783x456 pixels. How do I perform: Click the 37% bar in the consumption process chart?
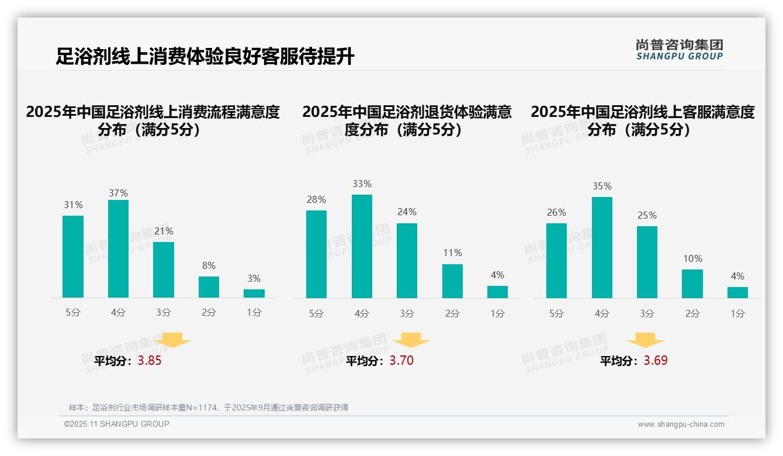[x=118, y=248]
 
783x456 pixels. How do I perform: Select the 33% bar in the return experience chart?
[x=362, y=246]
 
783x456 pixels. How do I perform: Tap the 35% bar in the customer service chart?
[x=602, y=247]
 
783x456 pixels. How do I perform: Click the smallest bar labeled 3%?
[x=254, y=293]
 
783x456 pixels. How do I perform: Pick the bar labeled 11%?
[x=452, y=281]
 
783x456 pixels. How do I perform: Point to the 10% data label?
[x=692, y=258]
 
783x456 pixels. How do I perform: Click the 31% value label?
[x=73, y=205]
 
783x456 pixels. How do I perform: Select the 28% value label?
[x=316, y=199]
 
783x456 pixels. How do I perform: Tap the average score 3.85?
[x=150, y=361]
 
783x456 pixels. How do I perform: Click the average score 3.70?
[x=401, y=361]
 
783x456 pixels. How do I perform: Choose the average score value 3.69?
[x=656, y=361]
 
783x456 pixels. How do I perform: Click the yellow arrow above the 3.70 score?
[x=411, y=340]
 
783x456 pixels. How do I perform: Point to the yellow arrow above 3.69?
[x=645, y=340]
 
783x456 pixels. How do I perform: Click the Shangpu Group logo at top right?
[x=679, y=50]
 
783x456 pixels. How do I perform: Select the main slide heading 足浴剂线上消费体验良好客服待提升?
[x=205, y=57]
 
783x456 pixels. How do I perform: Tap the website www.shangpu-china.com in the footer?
[x=681, y=424]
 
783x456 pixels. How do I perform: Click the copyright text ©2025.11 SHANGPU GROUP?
[x=117, y=424]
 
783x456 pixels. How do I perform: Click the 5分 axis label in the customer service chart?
[x=556, y=313]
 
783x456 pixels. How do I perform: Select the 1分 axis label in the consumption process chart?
[x=254, y=313]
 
